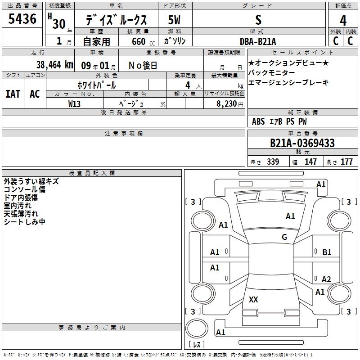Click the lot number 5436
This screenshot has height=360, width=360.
[x=22, y=19]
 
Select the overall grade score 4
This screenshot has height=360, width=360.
[x=343, y=21]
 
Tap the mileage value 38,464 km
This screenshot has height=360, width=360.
[x=54, y=65]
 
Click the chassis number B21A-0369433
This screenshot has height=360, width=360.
[x=302, y=143]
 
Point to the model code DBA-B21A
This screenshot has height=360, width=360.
[x=258, y=41]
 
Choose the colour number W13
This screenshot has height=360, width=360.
[x=74, y=104]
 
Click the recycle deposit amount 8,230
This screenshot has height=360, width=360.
[x=227, y=104]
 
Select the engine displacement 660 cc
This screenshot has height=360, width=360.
[x=143, y=42]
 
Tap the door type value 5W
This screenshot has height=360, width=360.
[x=174, y=20]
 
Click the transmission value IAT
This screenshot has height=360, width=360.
[x=13, y=94]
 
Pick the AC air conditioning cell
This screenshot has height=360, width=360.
[x=35, y=94]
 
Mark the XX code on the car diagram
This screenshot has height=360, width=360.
[x=253, y=299]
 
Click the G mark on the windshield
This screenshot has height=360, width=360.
[x=284, y=237]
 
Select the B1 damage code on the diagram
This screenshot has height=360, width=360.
[x=327, y=252]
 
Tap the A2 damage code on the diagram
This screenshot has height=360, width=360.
[x=326, y=279]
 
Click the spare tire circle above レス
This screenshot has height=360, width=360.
[x=197, y=329]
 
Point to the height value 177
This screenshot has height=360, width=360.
[x=346, y=162]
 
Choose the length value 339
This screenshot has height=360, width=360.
[x=273, y=162]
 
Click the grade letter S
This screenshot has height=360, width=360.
[x=258, y=20]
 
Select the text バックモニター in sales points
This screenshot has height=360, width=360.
[x=271, y=73]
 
